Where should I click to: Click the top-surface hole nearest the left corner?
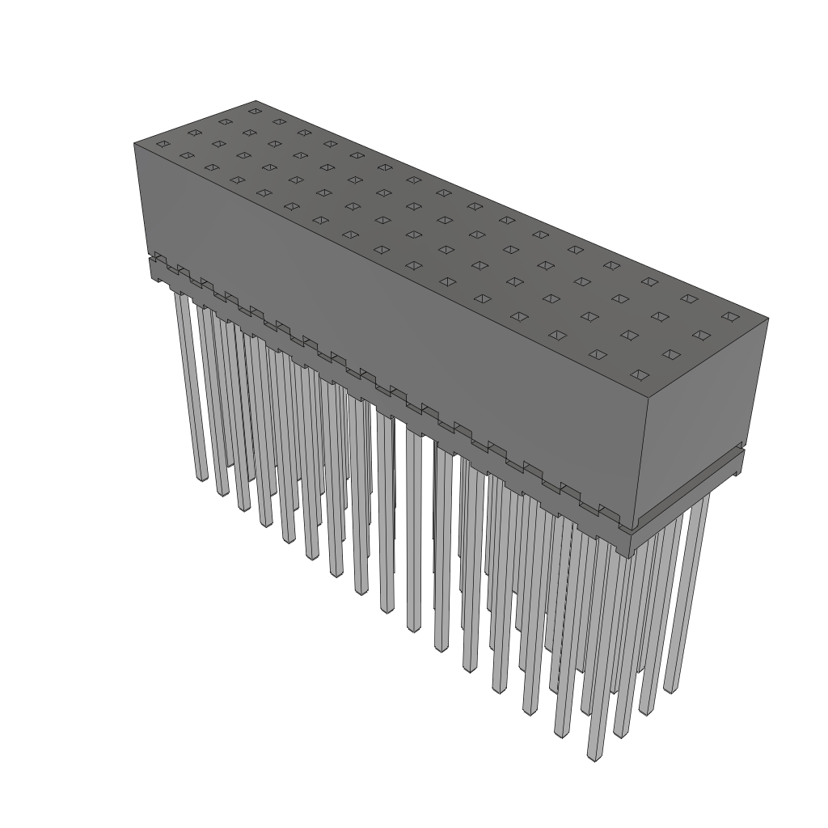click(162, 145)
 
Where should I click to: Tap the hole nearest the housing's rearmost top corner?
click(255, 111)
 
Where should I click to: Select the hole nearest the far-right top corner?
click(729, 316)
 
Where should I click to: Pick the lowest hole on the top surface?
click(639, 374)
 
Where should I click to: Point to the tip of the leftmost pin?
click(201, 476)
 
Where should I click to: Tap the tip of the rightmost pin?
click(670, 688)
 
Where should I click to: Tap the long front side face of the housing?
click(388, 323)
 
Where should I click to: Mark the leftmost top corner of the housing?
click(134, 143)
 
